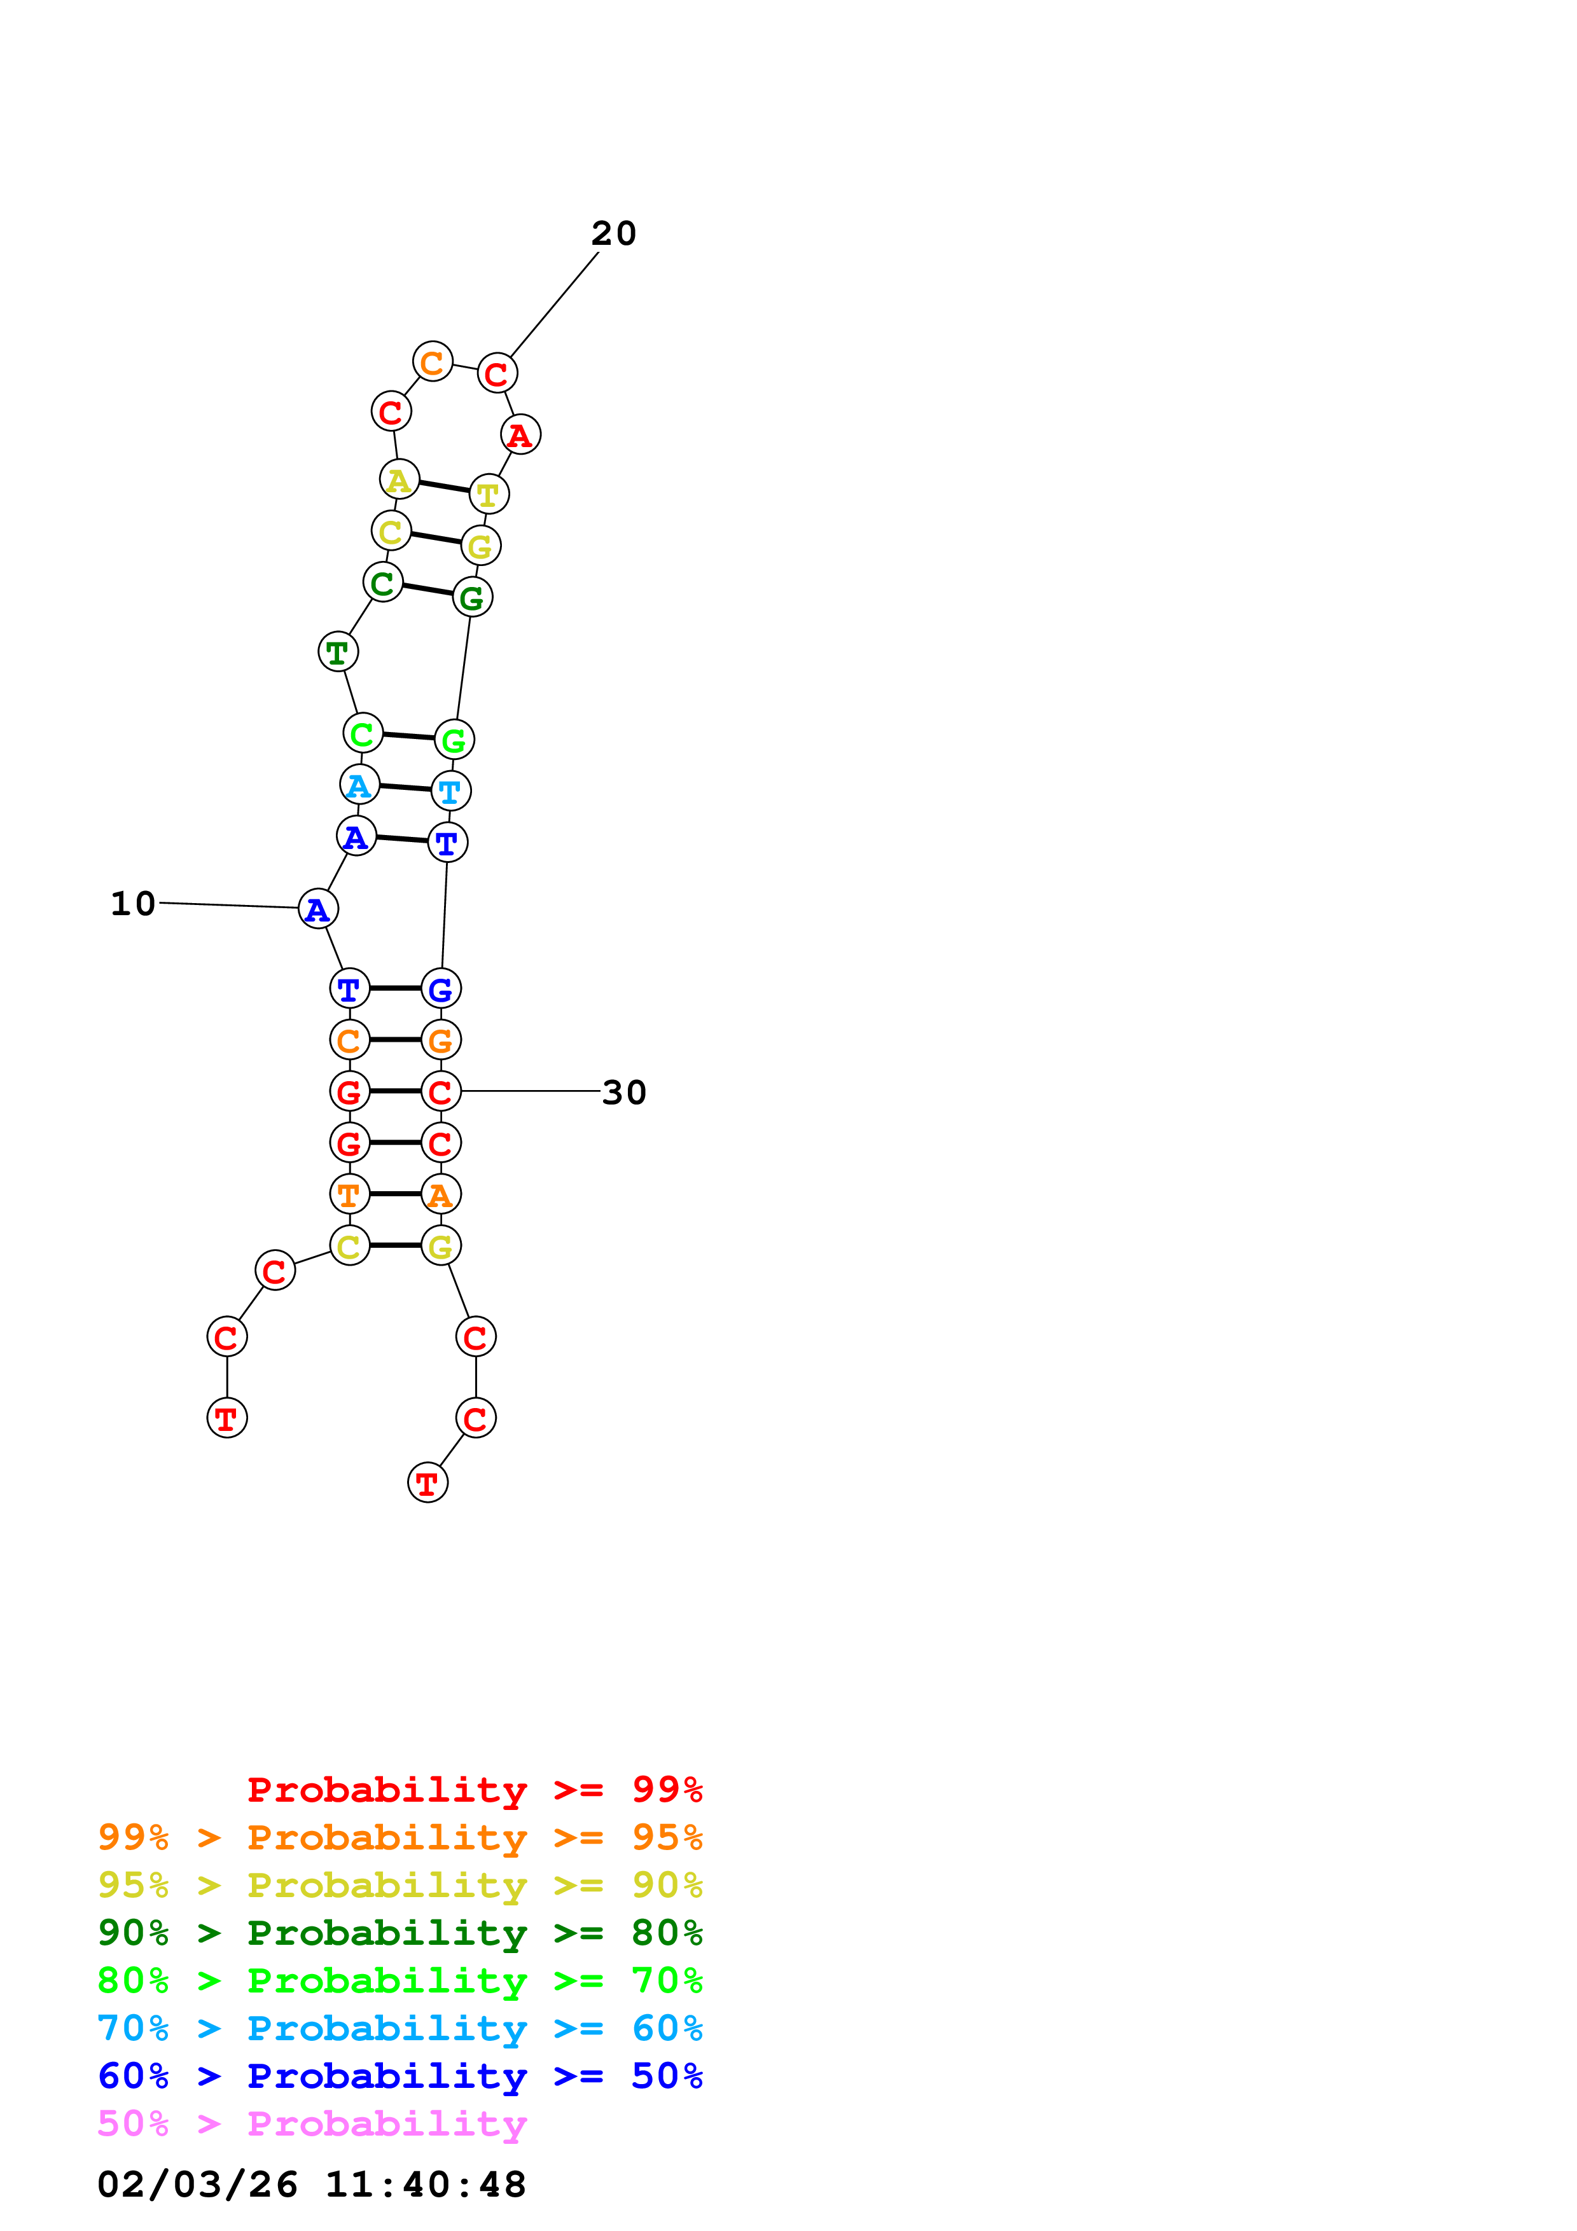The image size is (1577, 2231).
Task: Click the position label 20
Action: click(613, 234)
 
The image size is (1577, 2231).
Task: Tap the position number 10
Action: click(133, 904)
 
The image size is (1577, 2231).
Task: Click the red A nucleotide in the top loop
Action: click(520, 434)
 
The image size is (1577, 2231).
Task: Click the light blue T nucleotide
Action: click(450, 791)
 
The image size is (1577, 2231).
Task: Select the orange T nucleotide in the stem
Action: click(349, 1194)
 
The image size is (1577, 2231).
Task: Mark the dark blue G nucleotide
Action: click(440, 989)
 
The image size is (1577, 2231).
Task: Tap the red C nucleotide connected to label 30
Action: click(440, 1092)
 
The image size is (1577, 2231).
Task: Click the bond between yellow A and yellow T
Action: click(444, 487)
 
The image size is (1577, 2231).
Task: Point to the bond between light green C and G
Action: click(408, 736)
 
